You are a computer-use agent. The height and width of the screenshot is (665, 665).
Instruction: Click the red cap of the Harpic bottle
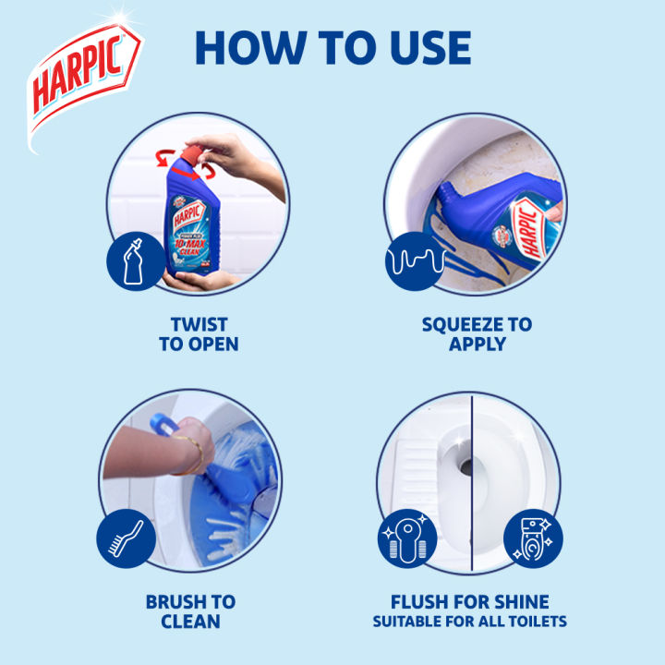(195, 151)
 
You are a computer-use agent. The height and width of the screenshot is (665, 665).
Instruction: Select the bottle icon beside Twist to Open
(131, 259)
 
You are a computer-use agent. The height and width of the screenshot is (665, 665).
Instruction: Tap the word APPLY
(477, 345)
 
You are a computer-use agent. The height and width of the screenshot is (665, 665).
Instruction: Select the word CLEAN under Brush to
(190, 622)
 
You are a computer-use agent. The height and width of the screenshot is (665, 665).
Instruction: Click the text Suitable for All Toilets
(469, 622)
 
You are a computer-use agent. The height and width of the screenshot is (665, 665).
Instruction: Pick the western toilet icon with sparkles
(532, 538)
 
